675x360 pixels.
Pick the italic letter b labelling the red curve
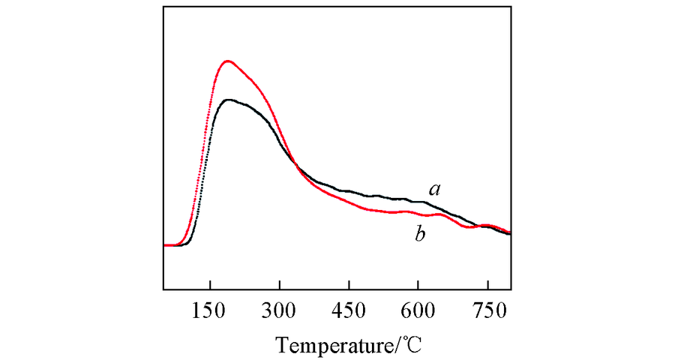tap(421, 235)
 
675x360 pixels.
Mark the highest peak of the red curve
tap(226, 61)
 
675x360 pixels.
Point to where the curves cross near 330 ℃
tap(295, 166)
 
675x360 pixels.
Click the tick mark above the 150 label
tap(210, 286)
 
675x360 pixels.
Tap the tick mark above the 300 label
tap(280, 286)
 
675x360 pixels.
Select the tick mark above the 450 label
tap(349, 286)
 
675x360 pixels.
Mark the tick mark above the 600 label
tap(418, 286)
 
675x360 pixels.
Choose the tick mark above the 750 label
tap(487, 286)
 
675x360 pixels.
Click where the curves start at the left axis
tap(165, 245)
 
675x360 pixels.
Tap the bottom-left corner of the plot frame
tap(163, 289)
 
